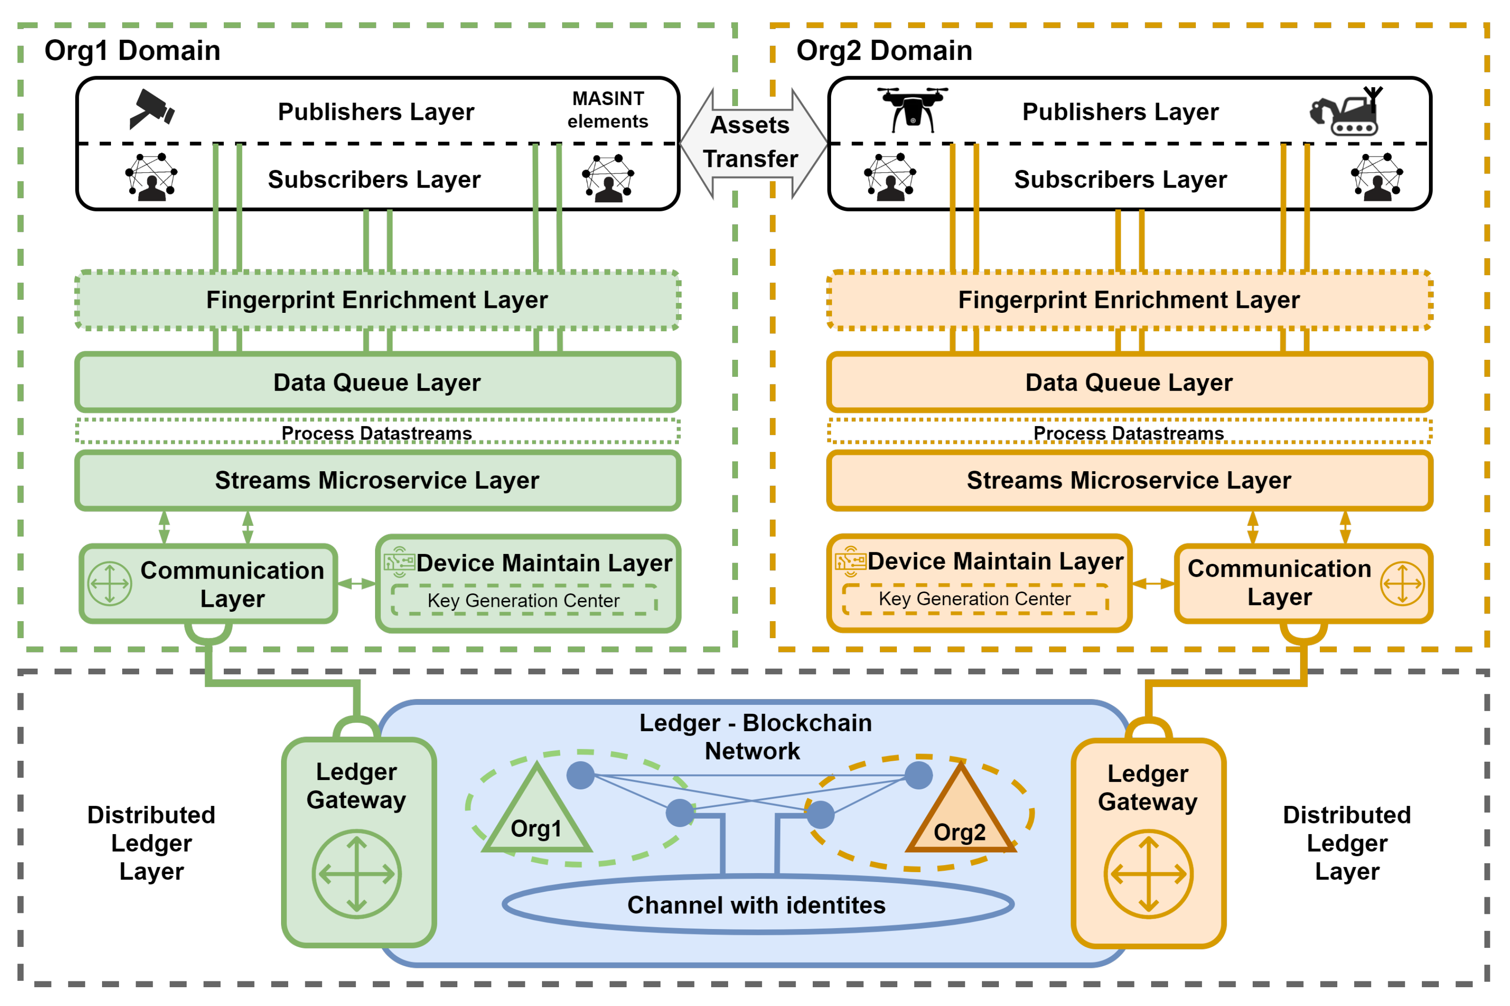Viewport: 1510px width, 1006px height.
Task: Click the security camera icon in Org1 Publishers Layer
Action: tap(151, 109)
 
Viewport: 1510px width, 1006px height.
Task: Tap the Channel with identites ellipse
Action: tap(757, 904)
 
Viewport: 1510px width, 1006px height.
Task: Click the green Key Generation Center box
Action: tap(524, 600)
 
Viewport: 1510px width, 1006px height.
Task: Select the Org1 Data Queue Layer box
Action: tap(377, 382)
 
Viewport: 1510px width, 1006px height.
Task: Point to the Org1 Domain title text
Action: tap(132, 51)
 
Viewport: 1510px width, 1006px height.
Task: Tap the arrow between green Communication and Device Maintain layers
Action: tap(357, 583)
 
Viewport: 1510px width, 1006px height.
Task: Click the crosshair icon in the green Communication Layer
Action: tap(110, 583)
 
